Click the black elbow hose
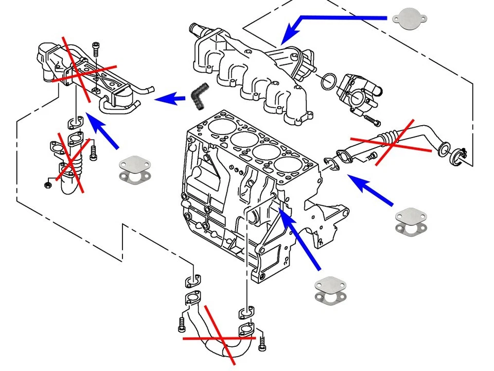[x=198, y=96]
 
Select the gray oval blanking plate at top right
[x=410, y=19]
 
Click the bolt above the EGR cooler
[x=97, y=49]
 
